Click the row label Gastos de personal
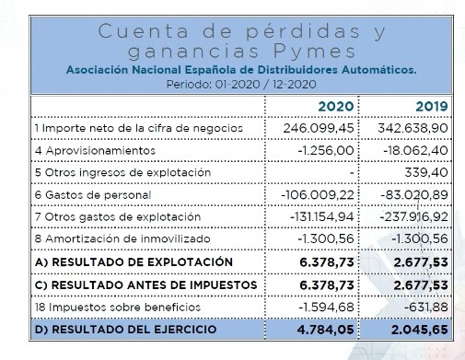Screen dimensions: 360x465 click(x=84, y=194)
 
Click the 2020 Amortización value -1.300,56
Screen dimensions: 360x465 click(x=320, y=239)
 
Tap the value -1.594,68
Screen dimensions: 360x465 click(x=320, y=307)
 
